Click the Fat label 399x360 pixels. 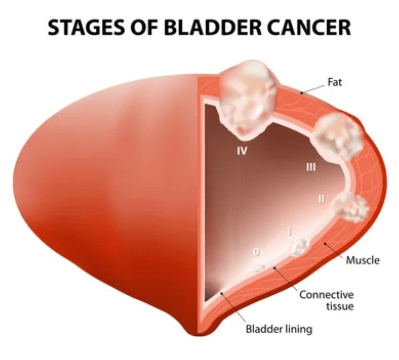[x=335, y=82]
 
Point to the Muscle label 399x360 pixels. [x=363, y=260]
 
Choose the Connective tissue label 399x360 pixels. [x=327, y=300]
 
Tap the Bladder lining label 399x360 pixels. [x=279, y=329]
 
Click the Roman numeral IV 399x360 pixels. [x=242, y=151]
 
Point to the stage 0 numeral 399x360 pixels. [x=257, y=252]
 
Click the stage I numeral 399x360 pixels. [x=289, y=232]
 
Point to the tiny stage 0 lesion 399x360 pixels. [x=260, y=268]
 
